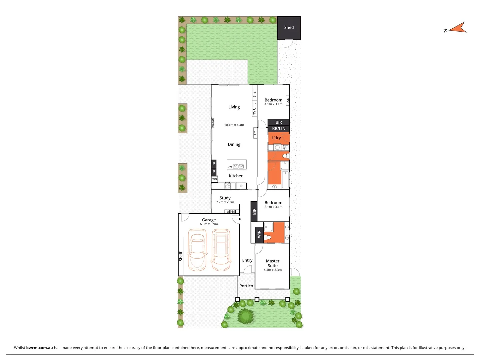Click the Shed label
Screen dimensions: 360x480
289,28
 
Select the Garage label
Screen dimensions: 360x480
209,220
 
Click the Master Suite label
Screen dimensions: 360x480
273,263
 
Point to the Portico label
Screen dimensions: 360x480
246,286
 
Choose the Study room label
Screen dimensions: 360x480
225,198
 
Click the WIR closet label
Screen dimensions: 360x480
259,234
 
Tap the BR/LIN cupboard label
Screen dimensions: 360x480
279,129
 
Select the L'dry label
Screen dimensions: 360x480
276,138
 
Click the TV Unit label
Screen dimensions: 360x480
254,109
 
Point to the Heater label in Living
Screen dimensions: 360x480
213,123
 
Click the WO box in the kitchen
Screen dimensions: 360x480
214,179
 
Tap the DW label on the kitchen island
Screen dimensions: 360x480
230,167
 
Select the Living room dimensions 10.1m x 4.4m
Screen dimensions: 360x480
234,125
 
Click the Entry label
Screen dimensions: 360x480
247,260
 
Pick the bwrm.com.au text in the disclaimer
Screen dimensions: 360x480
39,348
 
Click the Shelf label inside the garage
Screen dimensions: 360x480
181,256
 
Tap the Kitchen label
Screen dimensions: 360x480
236,176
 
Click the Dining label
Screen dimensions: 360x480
234,144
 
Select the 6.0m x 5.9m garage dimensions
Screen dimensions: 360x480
209,224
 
